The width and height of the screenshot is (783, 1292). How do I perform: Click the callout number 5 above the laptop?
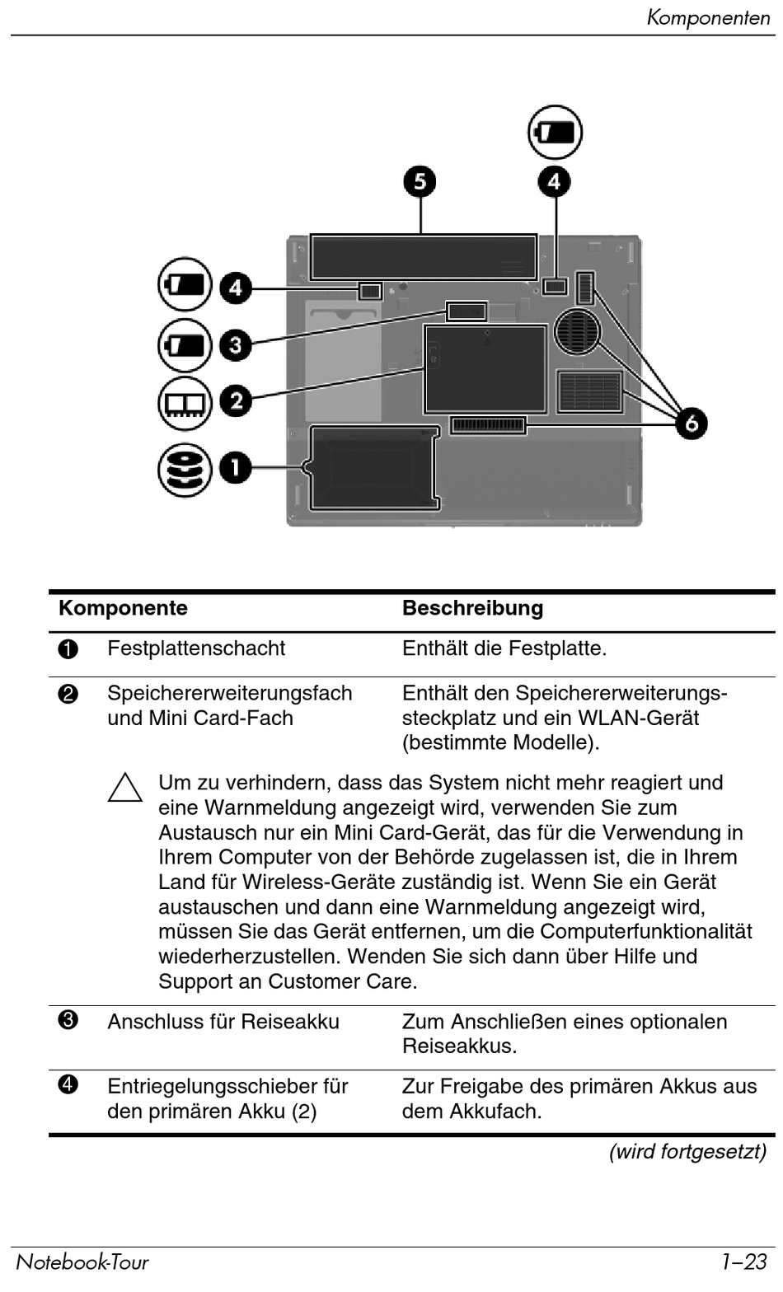pos(420,181)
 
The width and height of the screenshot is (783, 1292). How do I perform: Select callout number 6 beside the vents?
pos(692,423)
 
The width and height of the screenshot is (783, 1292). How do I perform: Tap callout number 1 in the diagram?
pos(236,468)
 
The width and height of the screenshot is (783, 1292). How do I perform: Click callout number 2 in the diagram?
pos(236,401)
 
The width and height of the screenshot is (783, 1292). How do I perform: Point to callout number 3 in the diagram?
pos(236,344)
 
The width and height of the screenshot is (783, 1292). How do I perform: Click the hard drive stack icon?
pos(185,469)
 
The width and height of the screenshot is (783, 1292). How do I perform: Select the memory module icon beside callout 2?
pos(185,403)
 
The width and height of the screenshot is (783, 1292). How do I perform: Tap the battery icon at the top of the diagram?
pos(555,132)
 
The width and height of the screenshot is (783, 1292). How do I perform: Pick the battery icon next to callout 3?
pos(185,344)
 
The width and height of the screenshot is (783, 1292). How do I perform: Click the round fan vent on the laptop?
pos(578,331)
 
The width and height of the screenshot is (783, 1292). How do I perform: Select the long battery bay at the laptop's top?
pos(424,256)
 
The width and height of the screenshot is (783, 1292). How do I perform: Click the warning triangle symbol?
pos(125,788)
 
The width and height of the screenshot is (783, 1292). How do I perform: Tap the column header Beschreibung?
pos(472,608)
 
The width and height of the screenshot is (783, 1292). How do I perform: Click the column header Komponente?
pos(123,608)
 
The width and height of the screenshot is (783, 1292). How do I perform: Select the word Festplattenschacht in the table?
pos(196,648)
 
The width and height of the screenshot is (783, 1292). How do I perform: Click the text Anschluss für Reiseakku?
pos(223,1022)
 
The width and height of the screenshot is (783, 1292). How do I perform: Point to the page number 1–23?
pos(743,1262)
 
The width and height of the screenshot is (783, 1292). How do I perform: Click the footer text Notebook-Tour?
pos(82,1262)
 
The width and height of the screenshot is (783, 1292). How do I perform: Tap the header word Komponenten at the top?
pos(708,17)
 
